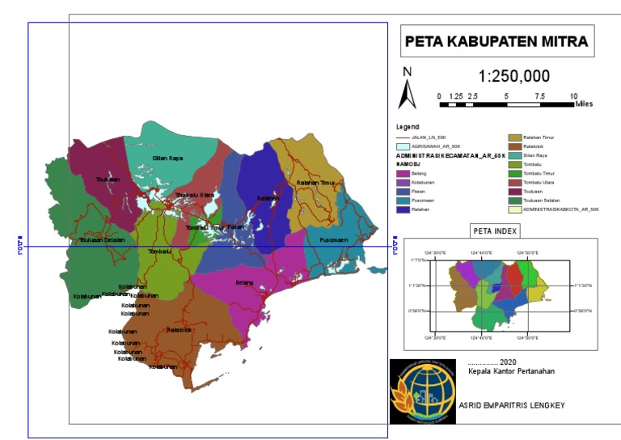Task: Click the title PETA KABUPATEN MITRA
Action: tap(496, 41)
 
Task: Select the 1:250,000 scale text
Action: tap(514, 77)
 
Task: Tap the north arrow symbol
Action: tap(407, 89)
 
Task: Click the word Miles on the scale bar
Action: tap(584, 104)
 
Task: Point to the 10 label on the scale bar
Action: tap(573, 95)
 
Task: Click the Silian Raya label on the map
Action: tap(167, 159)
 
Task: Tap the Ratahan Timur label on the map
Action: tap(315, 183)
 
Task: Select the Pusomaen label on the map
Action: tap(333, 240)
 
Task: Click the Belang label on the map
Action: tap(244, 282)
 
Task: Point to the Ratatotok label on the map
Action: tap(179, 330)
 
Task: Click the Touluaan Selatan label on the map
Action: tap(102, 240)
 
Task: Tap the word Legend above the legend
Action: tap(408, 127)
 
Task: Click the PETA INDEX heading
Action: tap(493, 231)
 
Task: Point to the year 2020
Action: tap(508, 362)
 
